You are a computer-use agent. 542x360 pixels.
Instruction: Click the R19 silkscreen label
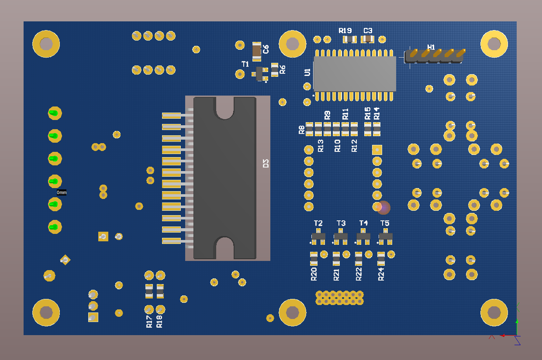(345, 31)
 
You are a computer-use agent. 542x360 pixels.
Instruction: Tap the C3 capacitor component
(368, 39)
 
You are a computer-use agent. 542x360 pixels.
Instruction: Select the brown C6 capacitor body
(256, 51)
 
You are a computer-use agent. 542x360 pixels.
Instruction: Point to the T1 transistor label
(245, 64)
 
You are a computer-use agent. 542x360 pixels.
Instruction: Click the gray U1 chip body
(355, 74)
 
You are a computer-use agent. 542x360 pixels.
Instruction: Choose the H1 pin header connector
(434, 56)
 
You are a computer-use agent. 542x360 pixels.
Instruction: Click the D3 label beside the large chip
(266, 164)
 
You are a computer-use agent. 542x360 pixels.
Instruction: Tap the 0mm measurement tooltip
(62, 192)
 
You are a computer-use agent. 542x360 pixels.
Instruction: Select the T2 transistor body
(318, 237)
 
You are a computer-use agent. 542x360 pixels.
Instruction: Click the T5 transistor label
(385, 223)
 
